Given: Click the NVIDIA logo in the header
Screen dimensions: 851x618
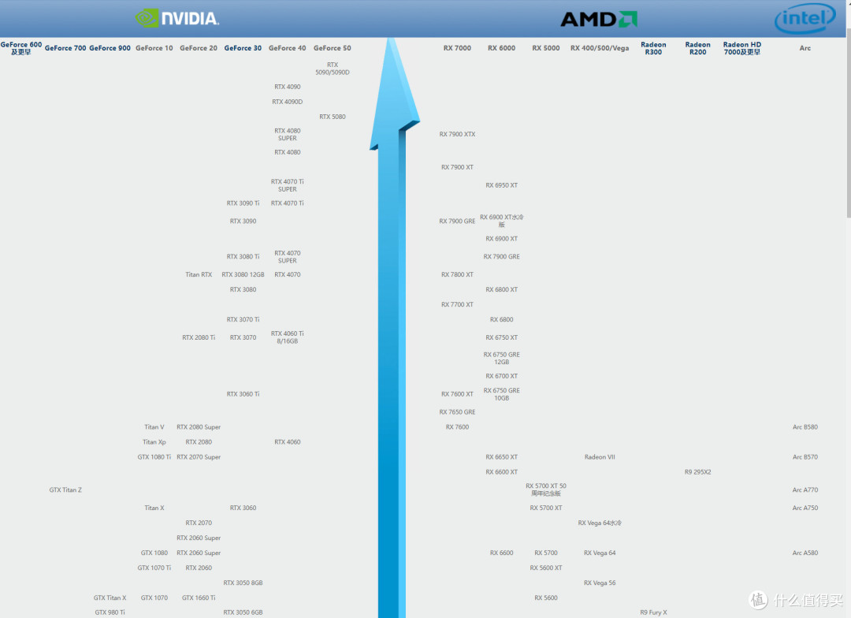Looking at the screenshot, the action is [x=177, y=18].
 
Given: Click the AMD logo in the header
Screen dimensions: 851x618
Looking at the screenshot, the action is [x=599, y=20].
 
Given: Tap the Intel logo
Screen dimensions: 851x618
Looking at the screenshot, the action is [x=805, y=18].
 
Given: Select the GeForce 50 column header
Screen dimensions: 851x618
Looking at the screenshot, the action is [x=333, y=48].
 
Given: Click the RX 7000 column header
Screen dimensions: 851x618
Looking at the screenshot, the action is [x=457, y=48].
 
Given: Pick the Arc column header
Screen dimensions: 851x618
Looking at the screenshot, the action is [x=805, y=48].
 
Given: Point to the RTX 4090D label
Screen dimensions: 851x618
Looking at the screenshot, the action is [x=287, y=102].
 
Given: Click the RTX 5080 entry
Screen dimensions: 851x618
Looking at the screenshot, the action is [x=333, y=117].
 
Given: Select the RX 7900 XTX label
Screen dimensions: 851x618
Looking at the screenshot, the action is [x=457, y=134].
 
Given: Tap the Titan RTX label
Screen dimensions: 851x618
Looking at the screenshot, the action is [x=199, y=274].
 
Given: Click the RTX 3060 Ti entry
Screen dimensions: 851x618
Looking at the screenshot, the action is [x=243, y=393].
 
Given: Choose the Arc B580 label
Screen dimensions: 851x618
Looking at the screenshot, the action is [x=805, y=426].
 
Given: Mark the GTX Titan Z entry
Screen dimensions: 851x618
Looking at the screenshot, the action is [x=65, y=490].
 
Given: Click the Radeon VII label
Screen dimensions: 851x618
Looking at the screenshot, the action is [x=600, y=456].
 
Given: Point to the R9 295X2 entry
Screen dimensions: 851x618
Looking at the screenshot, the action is [x=697, y=472].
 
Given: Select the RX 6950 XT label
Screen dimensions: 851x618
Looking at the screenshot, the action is [x=501, y=185].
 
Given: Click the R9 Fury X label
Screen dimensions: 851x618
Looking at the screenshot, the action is [x=653, y=612].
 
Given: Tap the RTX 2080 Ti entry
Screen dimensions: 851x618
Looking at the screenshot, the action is [x=199, y=337].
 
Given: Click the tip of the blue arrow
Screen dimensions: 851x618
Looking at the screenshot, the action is [x=389, y=38].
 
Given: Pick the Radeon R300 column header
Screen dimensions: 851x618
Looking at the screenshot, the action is [x=653, y=48].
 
